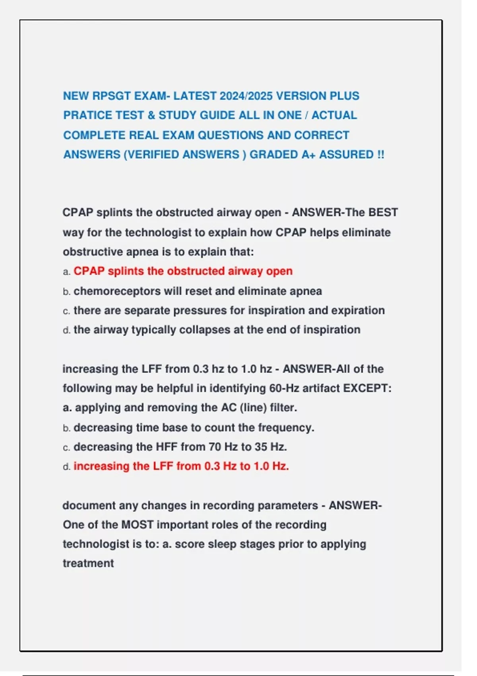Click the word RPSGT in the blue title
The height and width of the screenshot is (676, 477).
(x=111, y=96)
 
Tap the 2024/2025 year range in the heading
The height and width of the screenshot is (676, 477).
(x=246, y=96)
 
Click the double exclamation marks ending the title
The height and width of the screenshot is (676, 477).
(x=381, y=155)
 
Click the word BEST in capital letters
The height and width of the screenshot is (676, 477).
(x=383, y=213)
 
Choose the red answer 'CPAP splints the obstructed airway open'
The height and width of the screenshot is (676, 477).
(x=183, y=271)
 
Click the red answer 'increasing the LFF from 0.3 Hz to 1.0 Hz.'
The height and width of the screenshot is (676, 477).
(x=181, y=466)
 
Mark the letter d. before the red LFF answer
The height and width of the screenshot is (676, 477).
(x=67, y=467)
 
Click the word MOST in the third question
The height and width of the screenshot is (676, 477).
(x=137, y=525)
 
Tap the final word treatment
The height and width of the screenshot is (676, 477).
(x=88, y=563)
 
